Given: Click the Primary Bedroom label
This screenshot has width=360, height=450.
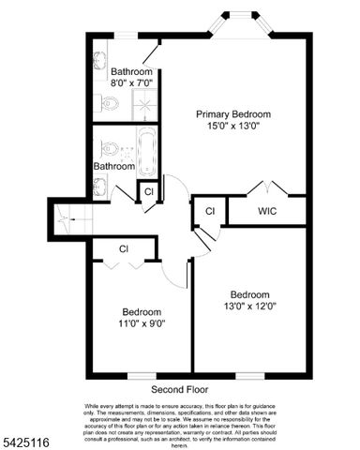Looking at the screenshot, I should (233, 113).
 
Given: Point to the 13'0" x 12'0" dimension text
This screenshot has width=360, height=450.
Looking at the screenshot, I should (251, 306).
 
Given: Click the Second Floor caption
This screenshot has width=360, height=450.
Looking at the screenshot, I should (181, 388).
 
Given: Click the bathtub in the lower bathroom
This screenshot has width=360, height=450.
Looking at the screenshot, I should (146, 152).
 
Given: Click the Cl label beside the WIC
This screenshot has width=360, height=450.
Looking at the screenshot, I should (210, 211).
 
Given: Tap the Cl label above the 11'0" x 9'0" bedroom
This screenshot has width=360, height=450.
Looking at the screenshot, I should (124, 249).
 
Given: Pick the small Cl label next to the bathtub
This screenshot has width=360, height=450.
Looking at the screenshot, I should (148, 192).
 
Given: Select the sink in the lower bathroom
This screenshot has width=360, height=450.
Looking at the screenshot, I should (100, 181).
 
